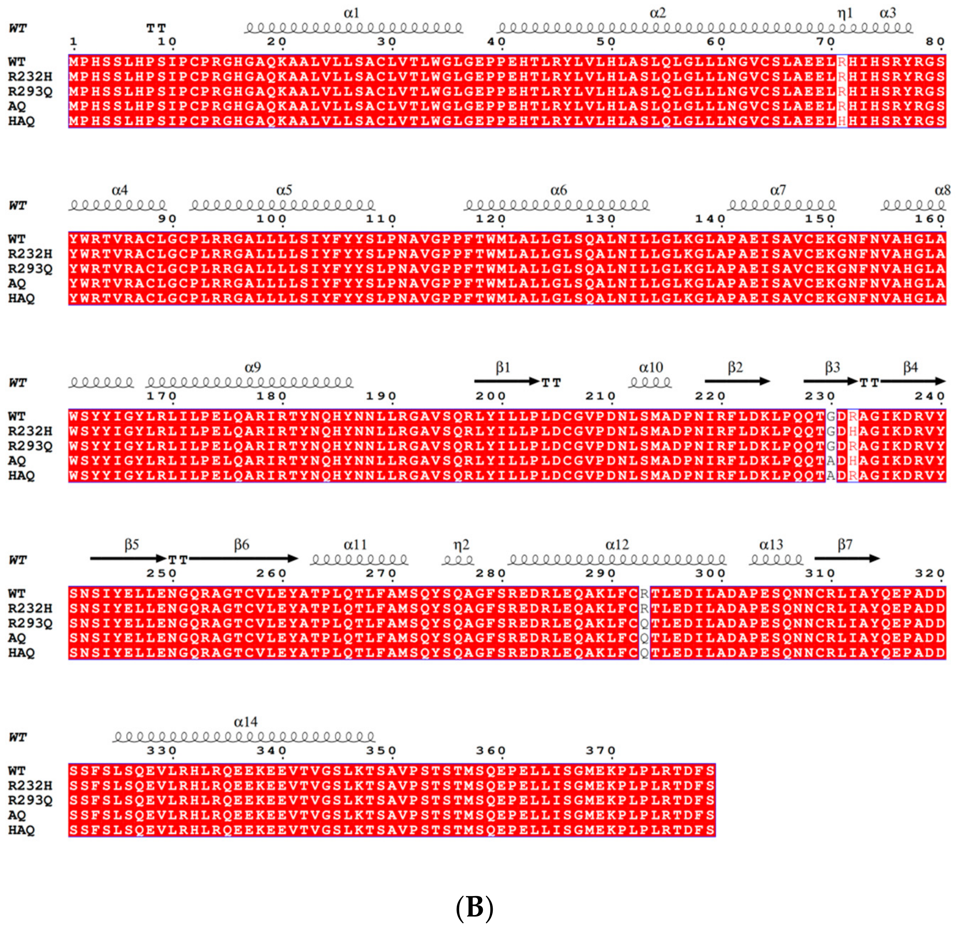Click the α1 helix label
click(351, 13)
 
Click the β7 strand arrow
click(847, 559)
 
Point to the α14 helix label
click(245, 722)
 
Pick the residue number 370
click(600, 750)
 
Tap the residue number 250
click(161, 573)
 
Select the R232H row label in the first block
click(30, 77)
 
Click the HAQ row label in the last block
click(22, 830)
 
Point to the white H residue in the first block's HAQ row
click(842, 121)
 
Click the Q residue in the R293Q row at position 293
click(644, 624)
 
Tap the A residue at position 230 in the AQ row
click(831, 461)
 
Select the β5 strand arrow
click(128, 559)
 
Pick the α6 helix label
click(558, 190)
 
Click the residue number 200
click(490, 396)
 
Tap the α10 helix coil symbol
click(650, 382)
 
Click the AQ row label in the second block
click(17, 283)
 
